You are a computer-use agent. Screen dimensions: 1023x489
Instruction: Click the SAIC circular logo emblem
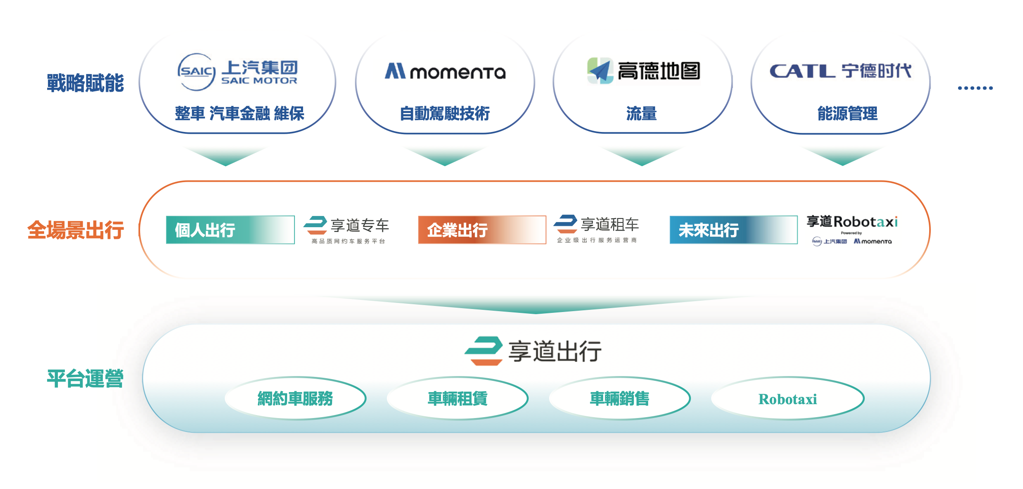pos(197,72)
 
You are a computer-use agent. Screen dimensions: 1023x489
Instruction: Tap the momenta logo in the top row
pos(445,71)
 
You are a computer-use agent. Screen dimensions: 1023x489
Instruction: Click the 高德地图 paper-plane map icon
pos(600,71)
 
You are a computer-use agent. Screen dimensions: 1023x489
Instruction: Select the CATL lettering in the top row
pos(802,71)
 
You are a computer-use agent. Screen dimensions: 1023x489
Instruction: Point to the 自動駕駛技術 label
pos(445,113)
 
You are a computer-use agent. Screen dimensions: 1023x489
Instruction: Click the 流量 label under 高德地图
pos(642,113)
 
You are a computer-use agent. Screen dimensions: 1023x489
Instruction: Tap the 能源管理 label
pos(847,113)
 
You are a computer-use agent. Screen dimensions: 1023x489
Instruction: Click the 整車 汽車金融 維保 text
pos(240,113)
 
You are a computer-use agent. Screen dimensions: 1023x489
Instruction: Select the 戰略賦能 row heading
pos(85,83)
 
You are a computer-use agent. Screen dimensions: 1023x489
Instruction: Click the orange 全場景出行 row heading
pos(76,230)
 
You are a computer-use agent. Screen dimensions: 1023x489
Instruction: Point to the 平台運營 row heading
pos(85,379)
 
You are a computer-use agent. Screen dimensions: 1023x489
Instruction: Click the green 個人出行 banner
pos(230,230)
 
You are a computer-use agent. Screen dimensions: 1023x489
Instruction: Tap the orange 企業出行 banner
pos(482,230)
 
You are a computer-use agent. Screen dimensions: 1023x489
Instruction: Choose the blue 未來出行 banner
pos(734,230)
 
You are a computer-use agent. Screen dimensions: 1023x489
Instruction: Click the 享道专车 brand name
pos(360,225)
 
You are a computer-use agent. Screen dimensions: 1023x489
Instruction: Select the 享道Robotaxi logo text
pos(852,222)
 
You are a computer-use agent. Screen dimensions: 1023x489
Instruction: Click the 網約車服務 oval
pos(296,398)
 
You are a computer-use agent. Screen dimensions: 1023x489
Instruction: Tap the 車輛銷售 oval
pos(620,398)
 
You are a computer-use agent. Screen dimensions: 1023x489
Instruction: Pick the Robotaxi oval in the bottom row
pos(788,398)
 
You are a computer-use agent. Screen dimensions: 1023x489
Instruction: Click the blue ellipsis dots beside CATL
pos(975,88)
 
